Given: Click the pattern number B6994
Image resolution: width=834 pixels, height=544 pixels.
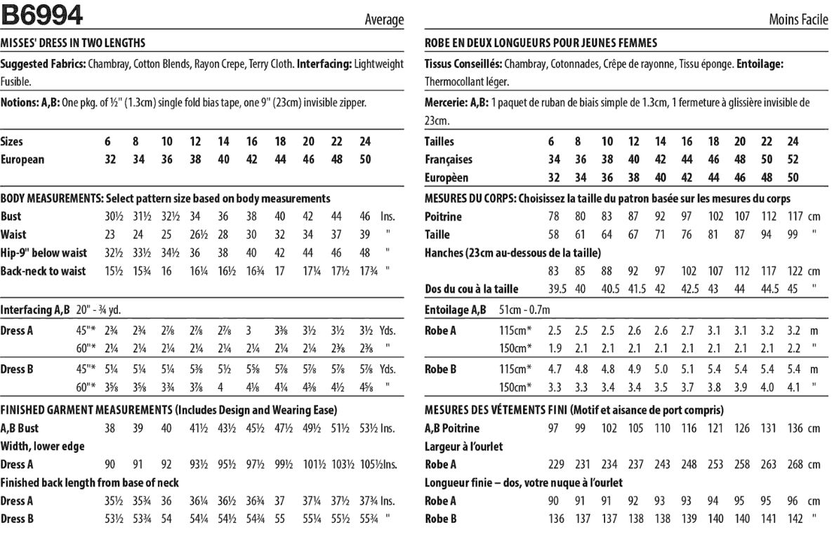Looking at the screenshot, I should coord(41,14).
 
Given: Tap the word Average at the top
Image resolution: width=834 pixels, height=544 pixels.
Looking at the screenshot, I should coord(384,20).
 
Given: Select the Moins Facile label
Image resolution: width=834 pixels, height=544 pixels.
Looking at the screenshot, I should coord(798,20).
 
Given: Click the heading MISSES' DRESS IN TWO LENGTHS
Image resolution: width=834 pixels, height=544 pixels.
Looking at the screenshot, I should coord(73,43).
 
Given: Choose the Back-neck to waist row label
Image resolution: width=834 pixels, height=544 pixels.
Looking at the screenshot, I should coord(44,271).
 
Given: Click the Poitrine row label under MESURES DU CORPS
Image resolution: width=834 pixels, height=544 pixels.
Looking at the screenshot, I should coord(443,217).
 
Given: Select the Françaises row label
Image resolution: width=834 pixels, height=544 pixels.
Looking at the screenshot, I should coord(449,160).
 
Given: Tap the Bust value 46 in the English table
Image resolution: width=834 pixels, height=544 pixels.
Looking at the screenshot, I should coord(365,217).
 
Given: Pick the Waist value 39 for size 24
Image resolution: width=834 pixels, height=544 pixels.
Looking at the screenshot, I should coord(365,234).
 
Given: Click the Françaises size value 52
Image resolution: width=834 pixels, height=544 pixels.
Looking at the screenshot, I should coord(793,160).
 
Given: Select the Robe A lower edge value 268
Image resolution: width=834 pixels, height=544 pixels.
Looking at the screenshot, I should coord(795,465).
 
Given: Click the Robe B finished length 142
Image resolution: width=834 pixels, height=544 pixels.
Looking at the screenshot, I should coord(795,519).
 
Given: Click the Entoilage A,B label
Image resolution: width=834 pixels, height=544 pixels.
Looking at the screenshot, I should coord(455,309).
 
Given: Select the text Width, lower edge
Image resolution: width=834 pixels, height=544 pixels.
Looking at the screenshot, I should coord(42,446).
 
